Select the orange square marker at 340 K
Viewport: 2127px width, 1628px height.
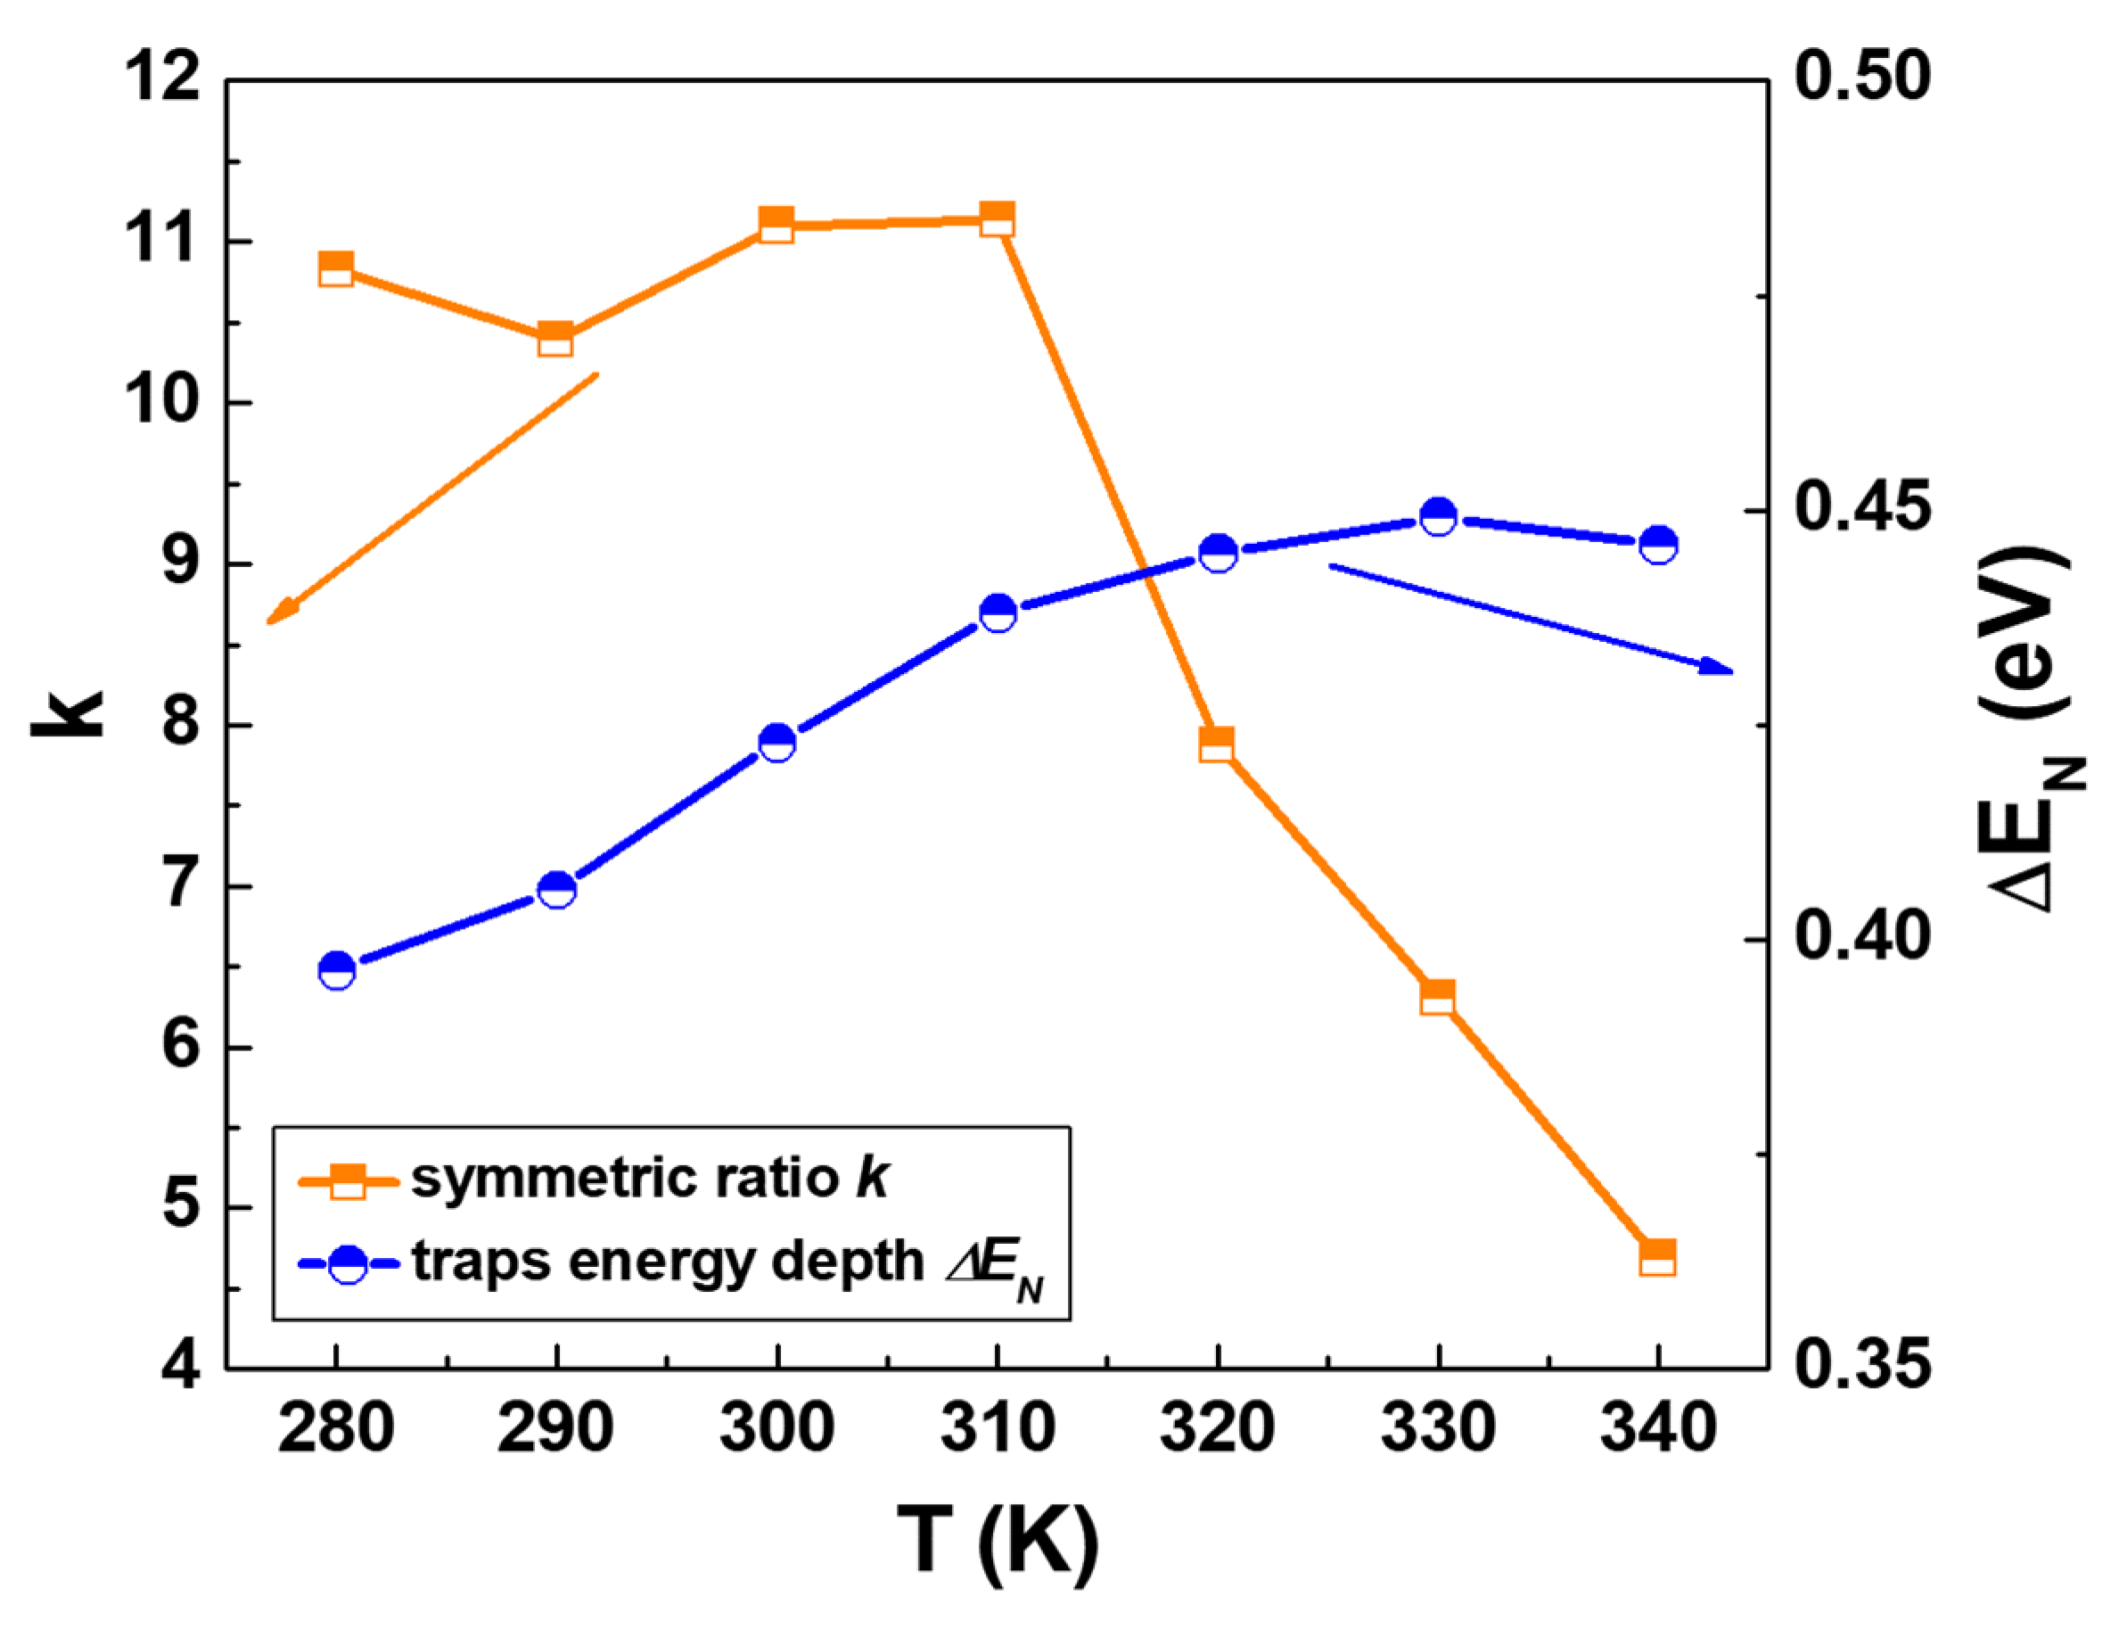tap(1658, 1257)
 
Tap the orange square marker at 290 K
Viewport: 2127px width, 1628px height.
tap(555, 339)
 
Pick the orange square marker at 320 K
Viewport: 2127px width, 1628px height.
tap(1217, 744)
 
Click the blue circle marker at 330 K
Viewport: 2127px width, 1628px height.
tap(1438, 516)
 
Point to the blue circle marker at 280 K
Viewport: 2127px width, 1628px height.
tap(336, 969)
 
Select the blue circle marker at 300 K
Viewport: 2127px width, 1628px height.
tap(777, 743)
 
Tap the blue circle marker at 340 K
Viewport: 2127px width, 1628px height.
tap(1658, 545)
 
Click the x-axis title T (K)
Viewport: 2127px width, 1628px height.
tap(998, 1541)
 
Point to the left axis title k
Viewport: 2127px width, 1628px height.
tap(68, 715)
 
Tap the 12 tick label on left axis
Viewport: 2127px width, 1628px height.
tap(163, 78)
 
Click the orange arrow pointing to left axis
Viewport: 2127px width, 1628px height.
tap(431, 498)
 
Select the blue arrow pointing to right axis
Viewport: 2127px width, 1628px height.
tap(1531, 617)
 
